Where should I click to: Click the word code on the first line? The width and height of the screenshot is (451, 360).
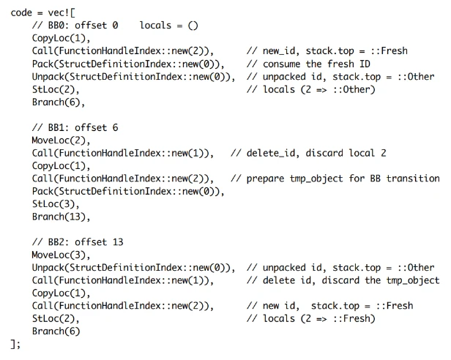click(x=21, y=12)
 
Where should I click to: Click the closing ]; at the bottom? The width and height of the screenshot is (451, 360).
click(x=15, y=344)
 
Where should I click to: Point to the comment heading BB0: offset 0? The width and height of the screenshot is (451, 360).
click(x=75, y=25)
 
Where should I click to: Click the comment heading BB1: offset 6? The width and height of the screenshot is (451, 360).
click(x=75, y=127)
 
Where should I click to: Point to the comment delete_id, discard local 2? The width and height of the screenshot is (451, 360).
click(x=308, y=153)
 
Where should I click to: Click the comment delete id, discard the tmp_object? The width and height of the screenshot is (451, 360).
click(x=343, y=280)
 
